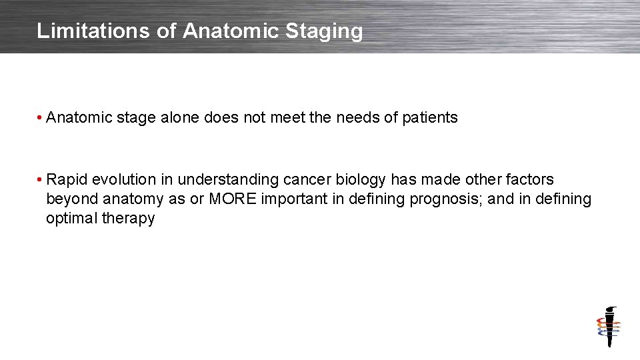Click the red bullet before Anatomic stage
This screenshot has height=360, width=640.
tap(41, 118)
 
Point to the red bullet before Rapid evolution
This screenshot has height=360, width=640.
tap(41, 180)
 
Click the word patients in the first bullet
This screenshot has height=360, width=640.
tap(431, 118)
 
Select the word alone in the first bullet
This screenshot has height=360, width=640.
tap(180, 118)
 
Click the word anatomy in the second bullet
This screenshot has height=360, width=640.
tap(133, 199)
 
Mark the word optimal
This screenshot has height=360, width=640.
tap(71, 219)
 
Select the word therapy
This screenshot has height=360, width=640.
tap(128, 219)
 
